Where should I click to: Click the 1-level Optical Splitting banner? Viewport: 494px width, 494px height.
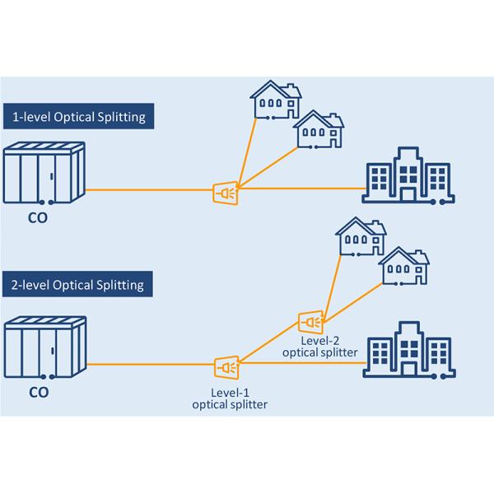click(x=79, y=117)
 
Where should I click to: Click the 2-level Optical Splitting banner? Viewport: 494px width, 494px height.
click(x=79, y=285)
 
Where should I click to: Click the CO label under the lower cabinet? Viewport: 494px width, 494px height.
click(x=39, y=393)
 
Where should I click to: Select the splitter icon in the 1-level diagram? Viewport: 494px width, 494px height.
click(x=226, y=193)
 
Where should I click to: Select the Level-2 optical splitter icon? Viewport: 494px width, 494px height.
click(x=311, y=319)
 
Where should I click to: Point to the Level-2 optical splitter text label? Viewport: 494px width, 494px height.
click(x=319, y=346)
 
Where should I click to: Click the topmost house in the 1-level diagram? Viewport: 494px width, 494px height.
click(x=275, y=100)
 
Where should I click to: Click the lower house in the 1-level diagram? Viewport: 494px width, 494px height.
click(x=319, y=130)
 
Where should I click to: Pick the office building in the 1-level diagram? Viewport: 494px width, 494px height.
click(x=408, y=175)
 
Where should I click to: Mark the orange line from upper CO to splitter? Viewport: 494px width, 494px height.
click(x=148, y=191)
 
